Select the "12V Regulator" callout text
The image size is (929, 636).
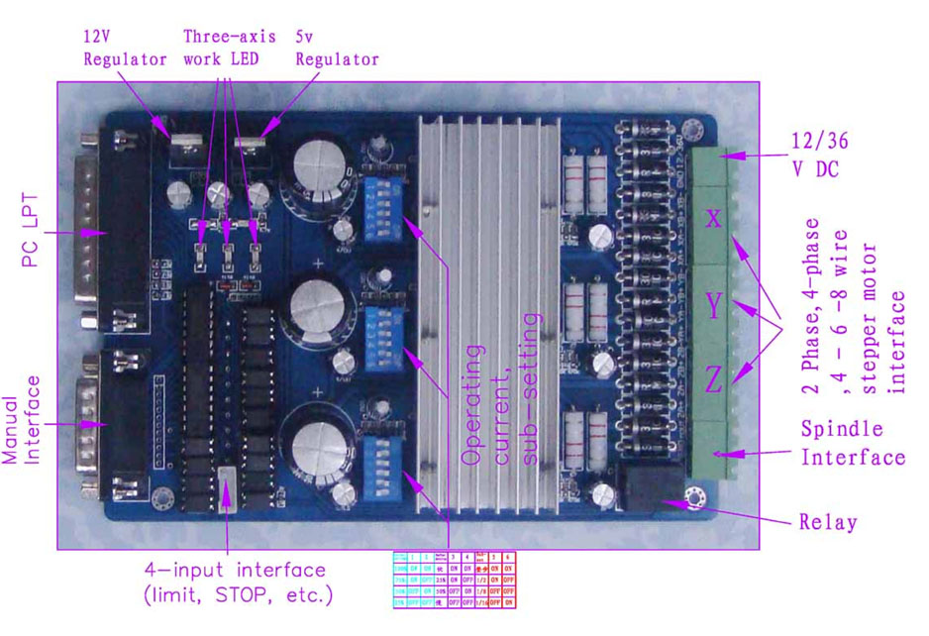(x=125, y=47)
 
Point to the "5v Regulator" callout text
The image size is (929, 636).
(x=337, y=47)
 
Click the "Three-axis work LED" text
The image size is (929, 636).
(x=227, y=47)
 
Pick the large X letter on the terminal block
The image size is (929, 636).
(x=714, y=218)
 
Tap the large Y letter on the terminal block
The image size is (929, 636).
(x=714, y=305)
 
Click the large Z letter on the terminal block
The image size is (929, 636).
(x=714, y=379)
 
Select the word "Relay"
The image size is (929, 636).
(x=827, y=522)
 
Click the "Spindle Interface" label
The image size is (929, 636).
(x=852, y=444)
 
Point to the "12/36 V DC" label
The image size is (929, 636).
(x=818, y=155)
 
